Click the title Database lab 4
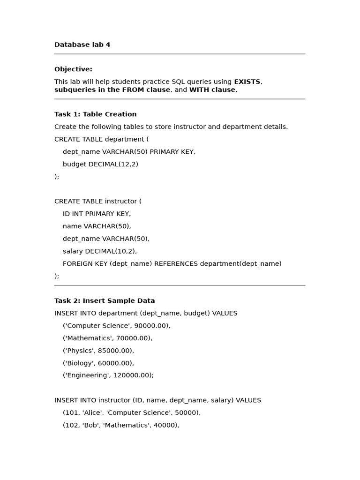(x=82, y=45)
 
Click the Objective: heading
(x=73, y=69)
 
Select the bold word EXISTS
(x=247, y=82)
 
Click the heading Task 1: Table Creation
(x=95, y=114)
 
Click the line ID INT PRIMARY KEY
(x=97, y=214)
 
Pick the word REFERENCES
(x=176, y=263)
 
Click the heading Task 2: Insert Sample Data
(x=105, y=301)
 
